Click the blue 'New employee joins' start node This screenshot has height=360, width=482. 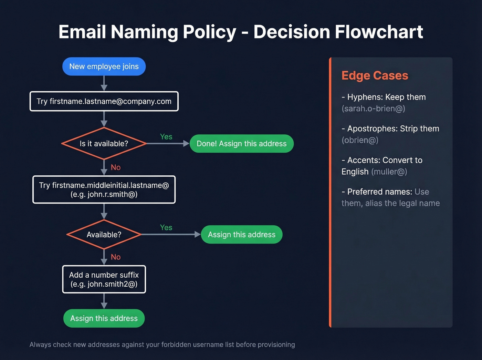(104, 66)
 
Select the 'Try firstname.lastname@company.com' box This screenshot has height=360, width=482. (104, 101)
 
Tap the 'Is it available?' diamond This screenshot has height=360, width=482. (104, 144)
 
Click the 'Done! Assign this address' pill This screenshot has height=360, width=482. (241, 144)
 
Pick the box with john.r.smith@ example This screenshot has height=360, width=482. (104, 190)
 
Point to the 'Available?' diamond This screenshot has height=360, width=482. (104, 235)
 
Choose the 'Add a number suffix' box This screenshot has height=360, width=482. (104, 279)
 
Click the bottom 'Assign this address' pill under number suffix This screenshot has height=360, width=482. (104, 318)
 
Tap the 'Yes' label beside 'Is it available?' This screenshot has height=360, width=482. (166, 137)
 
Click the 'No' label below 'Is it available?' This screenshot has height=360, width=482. (116, 167)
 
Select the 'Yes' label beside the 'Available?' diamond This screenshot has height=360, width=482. (166, 228)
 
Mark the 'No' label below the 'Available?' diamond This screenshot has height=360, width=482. (116, 257)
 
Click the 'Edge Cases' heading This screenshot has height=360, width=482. (375, 75)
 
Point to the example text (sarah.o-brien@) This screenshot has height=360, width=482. (373, 109)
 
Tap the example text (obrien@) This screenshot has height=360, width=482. (360, 140)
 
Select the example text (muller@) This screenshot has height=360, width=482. (389, 172)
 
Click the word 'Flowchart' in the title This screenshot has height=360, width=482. (379, 32)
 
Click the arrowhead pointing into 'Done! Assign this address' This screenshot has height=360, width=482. (186, 144)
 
